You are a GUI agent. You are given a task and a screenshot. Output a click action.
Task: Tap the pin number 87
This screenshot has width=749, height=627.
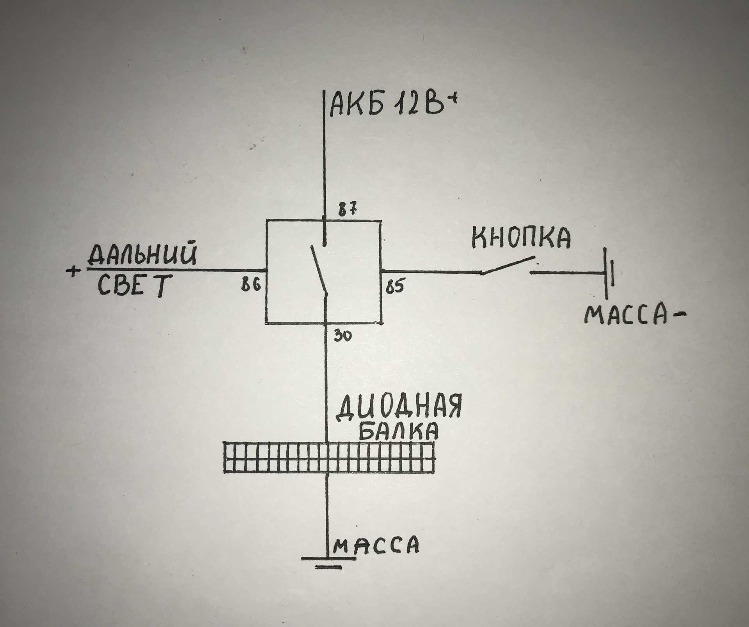tap(348, 210)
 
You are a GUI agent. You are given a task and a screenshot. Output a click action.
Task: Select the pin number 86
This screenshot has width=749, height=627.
tap(250, 285)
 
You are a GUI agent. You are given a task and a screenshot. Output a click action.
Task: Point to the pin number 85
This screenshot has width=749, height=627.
tap(395, 287)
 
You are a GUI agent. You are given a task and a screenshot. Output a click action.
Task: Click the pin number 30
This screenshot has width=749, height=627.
tap(343, 336)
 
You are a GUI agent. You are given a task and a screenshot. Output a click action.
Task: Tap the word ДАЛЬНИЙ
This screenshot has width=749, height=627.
tap(143, 254)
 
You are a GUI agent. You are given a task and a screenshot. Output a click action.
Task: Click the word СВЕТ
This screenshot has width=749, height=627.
tap(134, 286)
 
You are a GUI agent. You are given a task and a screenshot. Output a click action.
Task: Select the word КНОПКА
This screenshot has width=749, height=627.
tap(521, 237)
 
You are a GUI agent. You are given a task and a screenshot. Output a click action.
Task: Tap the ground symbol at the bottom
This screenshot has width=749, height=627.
tap(328, 563)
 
